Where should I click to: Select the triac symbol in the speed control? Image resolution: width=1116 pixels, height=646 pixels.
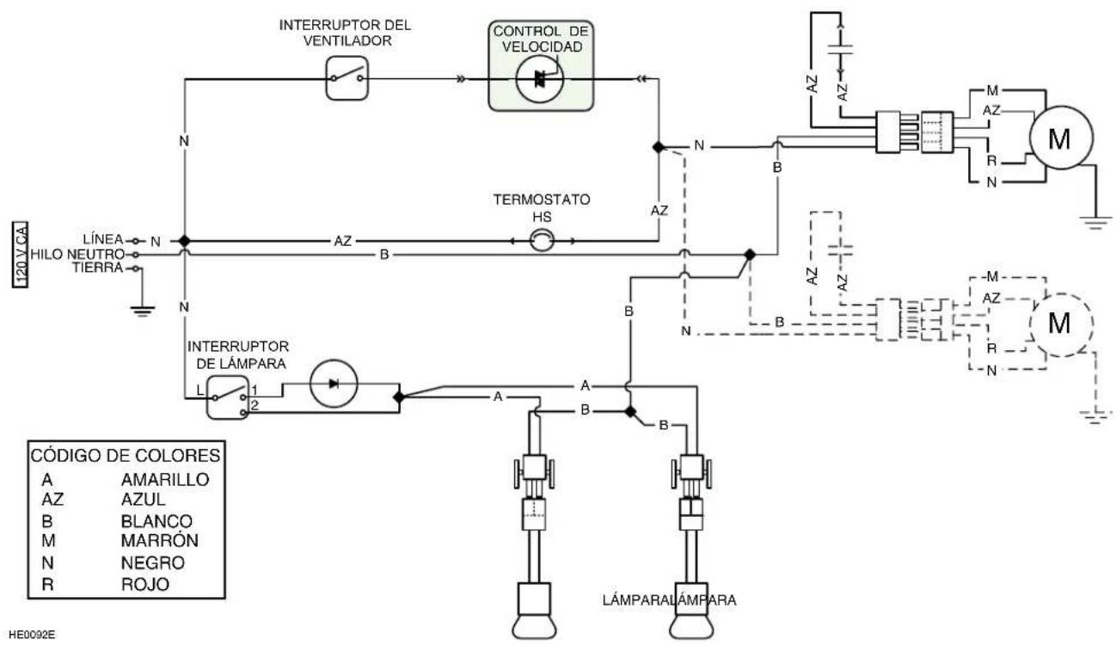[x=540, y=79]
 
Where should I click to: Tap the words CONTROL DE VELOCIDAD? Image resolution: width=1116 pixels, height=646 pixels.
[x=541, y=39]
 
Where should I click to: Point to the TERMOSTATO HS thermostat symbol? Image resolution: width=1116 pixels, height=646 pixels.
[x=542, y=241]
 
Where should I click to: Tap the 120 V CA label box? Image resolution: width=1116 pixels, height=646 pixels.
[x=20, y=255]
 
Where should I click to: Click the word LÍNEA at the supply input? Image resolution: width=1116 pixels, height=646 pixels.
[x=103, y=239]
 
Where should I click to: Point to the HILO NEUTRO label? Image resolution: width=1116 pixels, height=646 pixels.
[x=77, y=255]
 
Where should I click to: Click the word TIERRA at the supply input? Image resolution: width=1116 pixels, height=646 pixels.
[x=98, y=268]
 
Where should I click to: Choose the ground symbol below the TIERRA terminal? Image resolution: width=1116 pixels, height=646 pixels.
[x=142, y=311]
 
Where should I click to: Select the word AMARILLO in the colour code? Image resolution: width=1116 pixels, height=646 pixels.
[x=165, y=479]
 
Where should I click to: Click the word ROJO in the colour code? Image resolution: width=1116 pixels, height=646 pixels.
[x=145, y=584]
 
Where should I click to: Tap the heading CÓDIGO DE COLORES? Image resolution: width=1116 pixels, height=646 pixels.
[x=126, y=456]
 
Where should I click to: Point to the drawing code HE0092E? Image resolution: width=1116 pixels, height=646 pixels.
[x=32, y=635]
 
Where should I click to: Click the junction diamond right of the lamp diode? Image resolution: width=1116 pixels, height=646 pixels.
[x=399, y=397]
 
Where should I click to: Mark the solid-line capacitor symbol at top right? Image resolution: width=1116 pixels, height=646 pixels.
[x=841, y=49]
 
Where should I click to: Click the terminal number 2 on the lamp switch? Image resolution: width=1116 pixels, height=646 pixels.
[x=254, y=405]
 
